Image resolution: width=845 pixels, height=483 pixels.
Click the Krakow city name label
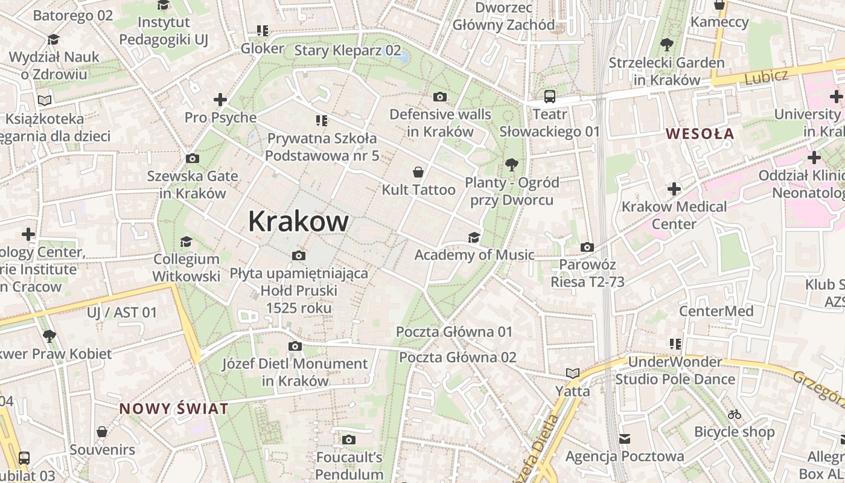coord(298,221)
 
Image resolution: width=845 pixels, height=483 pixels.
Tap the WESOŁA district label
coord(700,133)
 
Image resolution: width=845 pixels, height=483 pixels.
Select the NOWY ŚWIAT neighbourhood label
coord(174,409)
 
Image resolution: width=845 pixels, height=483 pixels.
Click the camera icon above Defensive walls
coord(440,97)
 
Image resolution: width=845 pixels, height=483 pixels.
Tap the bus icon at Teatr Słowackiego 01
coord(549,96)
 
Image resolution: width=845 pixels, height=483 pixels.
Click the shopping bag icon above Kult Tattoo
coord(418,172)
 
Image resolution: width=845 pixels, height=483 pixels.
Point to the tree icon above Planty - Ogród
coord(512,164)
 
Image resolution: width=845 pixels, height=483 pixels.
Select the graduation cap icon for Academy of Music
coord(474,237)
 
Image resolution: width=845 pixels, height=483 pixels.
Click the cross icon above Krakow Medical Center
coord(674,189)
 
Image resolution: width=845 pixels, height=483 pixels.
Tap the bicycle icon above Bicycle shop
coord(734,414)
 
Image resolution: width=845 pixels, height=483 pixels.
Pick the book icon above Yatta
coord(572,373)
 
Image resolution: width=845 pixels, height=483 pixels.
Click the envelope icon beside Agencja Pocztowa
coord(624,438)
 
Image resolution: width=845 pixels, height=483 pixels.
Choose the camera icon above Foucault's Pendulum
coord(349,440)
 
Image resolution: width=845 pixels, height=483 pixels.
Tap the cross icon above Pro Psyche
coord(220,100)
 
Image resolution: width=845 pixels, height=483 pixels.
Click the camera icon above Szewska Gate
coord(192,159)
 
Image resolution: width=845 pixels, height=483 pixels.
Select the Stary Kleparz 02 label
coord(347,50)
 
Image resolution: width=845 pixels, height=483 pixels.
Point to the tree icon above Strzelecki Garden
coord(666,45)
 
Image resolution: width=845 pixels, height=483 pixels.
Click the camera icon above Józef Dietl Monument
coord(295,346)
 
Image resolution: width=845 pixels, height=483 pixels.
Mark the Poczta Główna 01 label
coord(454,331)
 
